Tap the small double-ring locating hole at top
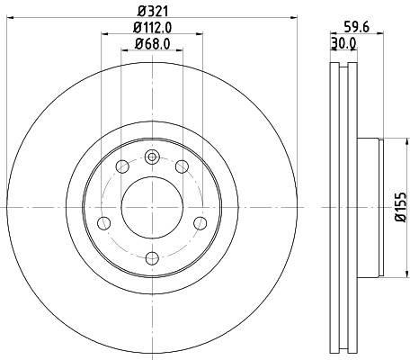(x=151, y=158)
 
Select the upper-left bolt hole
(x=121, y=166)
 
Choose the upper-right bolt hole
(x=182, y=166)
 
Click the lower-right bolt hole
(x=200, y=222)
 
